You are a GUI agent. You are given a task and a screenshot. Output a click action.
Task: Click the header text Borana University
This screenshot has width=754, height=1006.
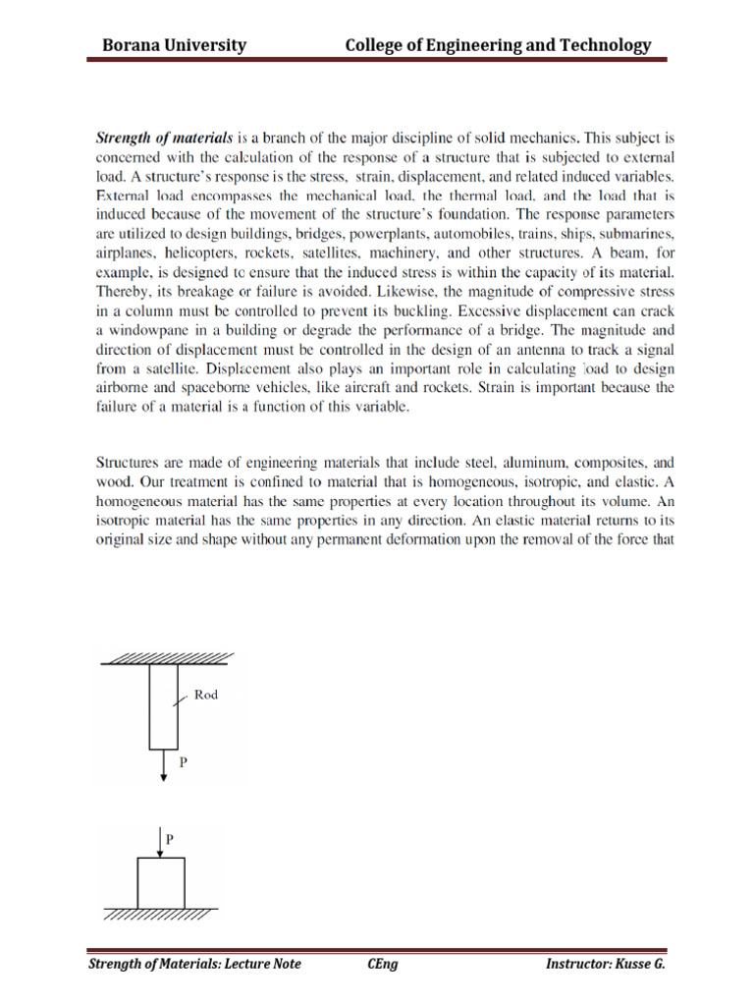pyautogui.click(x=175, y=45)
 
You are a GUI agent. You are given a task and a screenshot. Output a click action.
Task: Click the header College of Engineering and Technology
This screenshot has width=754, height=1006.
pyautogui.click(x=497, y=45)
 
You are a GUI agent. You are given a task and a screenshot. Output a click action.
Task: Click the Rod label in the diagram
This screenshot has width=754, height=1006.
pyautogui.click(x=206, y=695)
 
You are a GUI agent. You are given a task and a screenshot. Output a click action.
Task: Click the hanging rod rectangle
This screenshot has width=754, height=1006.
pyautogui.click(x=163, y=706)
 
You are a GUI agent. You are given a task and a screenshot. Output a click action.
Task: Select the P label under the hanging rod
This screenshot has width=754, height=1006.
pyautogui.click(x=182, y=760)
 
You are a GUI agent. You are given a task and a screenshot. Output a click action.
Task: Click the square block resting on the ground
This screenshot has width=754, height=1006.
pyautogui.click(x=161, y=882)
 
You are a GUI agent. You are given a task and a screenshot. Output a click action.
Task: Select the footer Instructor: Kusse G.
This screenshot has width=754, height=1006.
pyautogui.click(x=605, y=964)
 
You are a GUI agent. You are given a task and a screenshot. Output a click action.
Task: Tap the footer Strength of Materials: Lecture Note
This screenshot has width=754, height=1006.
pyautogui.click(x=194, y=964)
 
